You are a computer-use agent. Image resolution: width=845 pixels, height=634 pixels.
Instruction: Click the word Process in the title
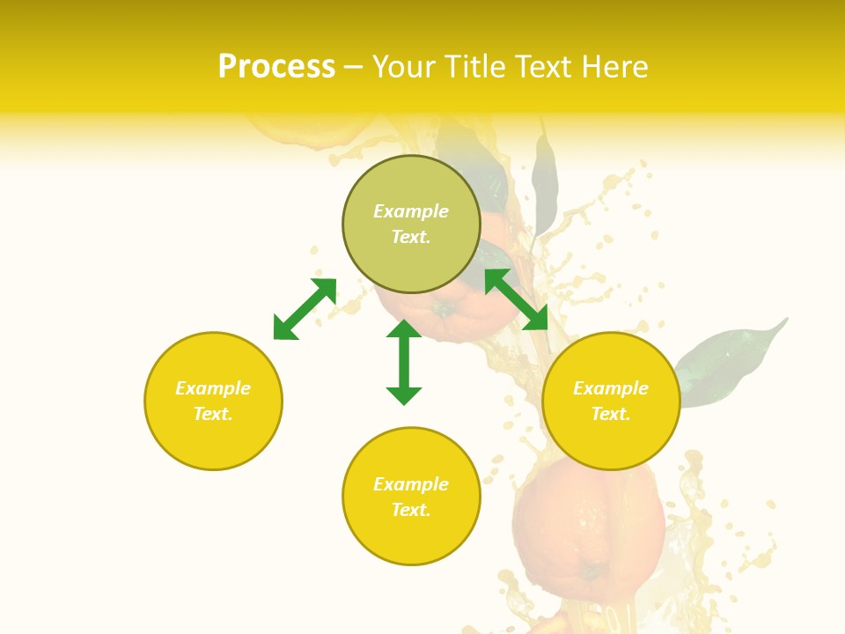(x=276, y=67)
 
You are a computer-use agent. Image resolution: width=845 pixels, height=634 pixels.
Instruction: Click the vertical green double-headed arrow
(x=404, y=362)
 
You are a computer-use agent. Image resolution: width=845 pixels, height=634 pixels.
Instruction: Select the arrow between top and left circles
(x=305, y=309)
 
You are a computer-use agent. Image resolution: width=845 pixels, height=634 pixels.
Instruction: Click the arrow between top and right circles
(x=517, y=299)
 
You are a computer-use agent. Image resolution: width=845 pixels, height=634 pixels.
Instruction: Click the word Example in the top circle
(x=411, y=211)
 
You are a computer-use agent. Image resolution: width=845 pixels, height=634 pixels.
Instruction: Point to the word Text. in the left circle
(x=213, y=414)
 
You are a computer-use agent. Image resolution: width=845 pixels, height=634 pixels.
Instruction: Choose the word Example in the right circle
(x=611, y=388)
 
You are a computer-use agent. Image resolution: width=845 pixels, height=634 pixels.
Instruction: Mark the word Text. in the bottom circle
(x=411, y=510)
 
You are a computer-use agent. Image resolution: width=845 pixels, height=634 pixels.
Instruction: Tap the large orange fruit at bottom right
(x=588, y=528)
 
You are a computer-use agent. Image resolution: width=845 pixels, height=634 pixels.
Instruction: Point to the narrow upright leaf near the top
(x=545, y=185)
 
